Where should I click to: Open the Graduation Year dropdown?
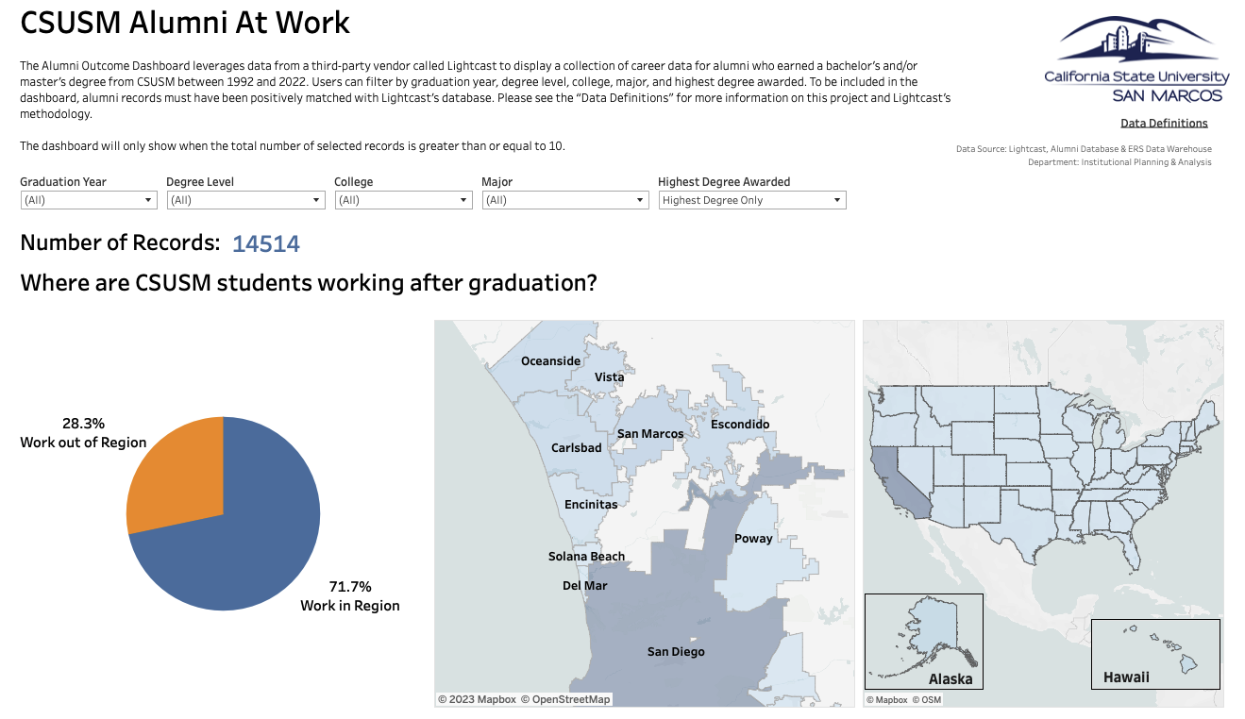click(x=89, y=200)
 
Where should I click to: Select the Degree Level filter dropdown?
click(x=245, y=200)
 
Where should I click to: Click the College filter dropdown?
click(x=403, y=200)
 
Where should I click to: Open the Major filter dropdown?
click(x=564, y=200)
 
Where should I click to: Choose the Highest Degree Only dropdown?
click(x=751, y=200)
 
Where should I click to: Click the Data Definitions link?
click(x=1164, y=123)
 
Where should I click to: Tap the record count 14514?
click(x=266, y=244)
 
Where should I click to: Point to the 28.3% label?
click(x=83, y=424)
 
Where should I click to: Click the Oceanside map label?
click(x=551, y=361)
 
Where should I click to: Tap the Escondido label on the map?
click(x=740, y=425)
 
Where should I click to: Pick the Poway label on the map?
click(x=753, y=539)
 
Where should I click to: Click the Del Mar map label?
click(x=585, y=586)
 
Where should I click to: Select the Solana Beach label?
click(x=586, y=557)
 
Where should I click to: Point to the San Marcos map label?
click(x=650, y=434)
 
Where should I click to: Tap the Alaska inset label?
click(x=951, y=679)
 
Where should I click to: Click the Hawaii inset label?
click(x=1126, y=677)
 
